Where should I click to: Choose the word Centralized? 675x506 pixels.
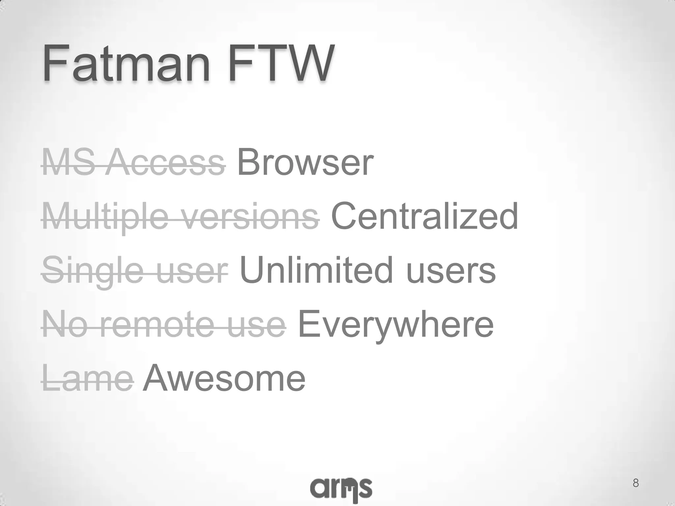pos(425,216)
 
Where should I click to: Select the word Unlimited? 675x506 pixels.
pos(316,270)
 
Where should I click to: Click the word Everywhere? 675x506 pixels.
pos(396,325)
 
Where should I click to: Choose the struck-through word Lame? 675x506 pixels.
pos(88,379)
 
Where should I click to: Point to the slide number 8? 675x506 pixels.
pos(636,483)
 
